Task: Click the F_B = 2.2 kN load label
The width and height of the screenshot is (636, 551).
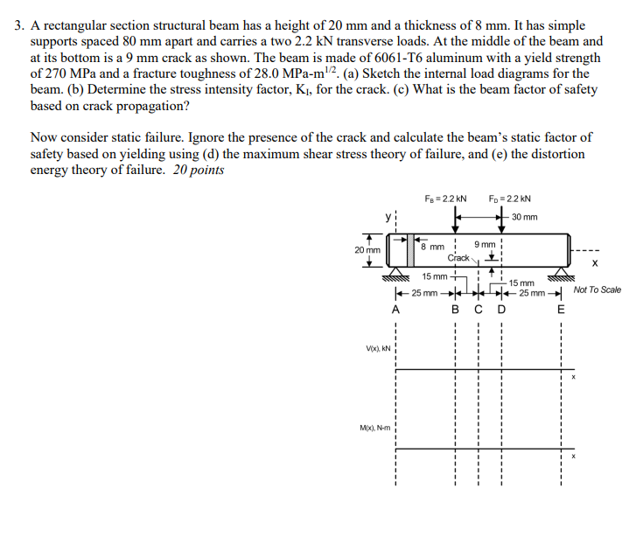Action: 445,199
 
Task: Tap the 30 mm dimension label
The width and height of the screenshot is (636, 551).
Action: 525,217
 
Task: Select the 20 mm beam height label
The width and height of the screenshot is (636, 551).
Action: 367,249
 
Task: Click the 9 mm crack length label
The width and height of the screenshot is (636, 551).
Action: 485,244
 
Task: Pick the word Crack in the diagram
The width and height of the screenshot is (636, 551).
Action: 459,258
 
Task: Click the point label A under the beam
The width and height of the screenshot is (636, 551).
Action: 395,308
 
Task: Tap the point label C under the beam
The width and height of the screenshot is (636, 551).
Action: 478,308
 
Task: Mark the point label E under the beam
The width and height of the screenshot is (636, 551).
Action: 561,308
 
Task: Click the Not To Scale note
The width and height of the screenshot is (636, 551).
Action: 598,289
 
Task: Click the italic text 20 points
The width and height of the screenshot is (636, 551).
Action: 199,171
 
